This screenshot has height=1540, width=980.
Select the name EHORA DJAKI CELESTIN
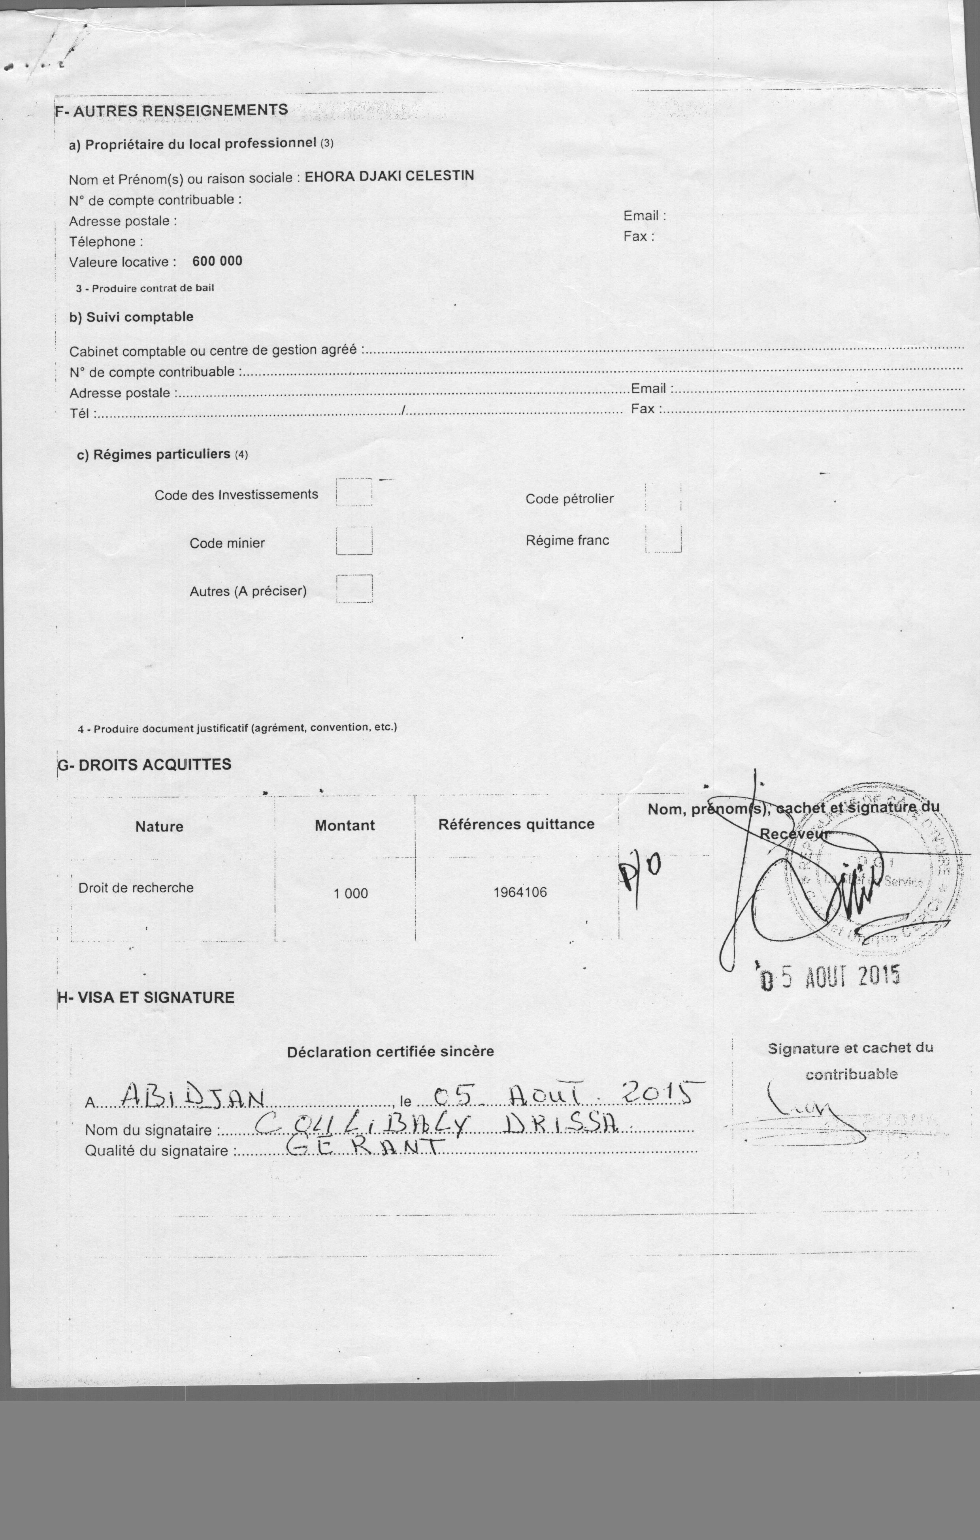coord(389,176)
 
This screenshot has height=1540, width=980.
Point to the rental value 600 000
coord(217,261)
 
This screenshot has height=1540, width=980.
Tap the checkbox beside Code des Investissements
coord(354,492)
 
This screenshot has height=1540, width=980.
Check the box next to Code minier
coord(354,541)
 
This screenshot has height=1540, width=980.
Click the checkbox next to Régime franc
coord(663,539)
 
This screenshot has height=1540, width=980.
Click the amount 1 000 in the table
coord(351,893)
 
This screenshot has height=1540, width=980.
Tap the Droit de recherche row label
coord(136,888)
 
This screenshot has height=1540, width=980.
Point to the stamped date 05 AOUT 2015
coord(830,977)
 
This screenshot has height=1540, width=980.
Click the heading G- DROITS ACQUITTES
coord(145,765)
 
